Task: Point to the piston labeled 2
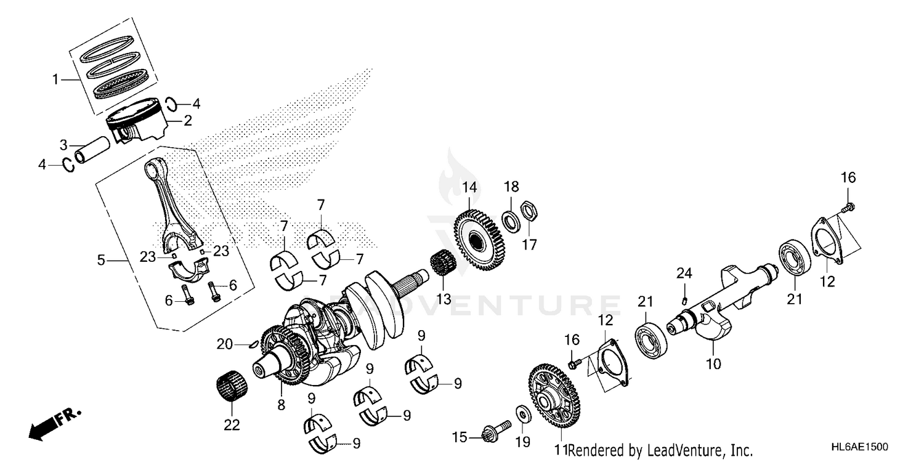(x=139, y=126)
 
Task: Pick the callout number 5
(x=101, y=261)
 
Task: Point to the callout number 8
(x=281, y=405)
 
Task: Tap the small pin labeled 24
(x=684, y=301)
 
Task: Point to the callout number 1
(x=55, y=79)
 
